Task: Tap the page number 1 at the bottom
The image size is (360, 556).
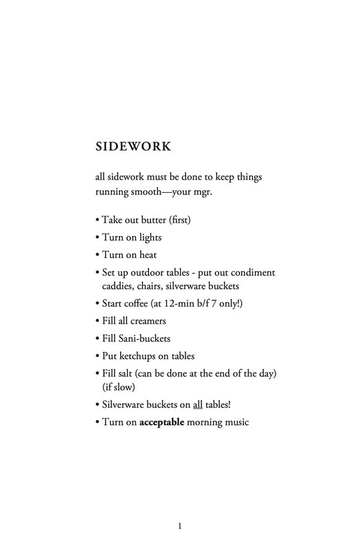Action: pyautogui.click(x=179, y=526)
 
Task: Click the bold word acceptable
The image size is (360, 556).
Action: pyautogui.click(x=166, y=422)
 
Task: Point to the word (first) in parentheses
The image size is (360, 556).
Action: pyautogui.click(x=178, y=220)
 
